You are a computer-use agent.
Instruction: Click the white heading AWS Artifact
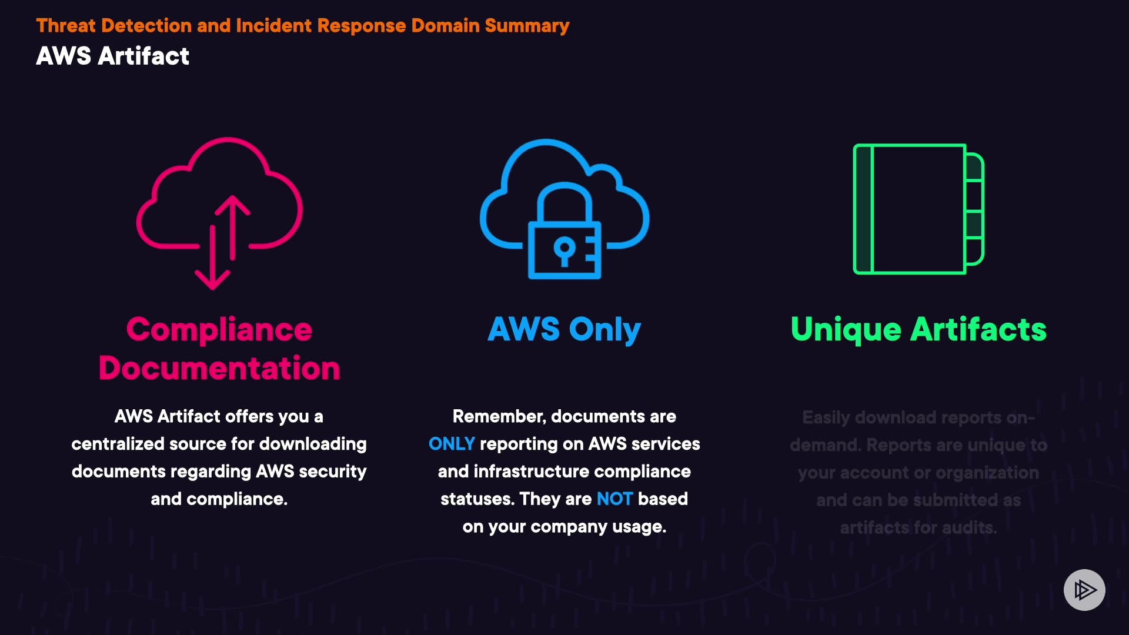click(112, 56)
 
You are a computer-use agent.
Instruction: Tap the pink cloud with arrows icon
click(219, 212)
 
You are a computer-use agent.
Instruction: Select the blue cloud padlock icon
click(564, 209)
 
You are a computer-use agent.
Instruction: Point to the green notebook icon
click(918, 209)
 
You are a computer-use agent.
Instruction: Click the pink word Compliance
click(219, 329)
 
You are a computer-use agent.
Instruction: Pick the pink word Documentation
click(219, 369)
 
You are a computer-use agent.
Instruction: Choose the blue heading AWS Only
click(564, 329)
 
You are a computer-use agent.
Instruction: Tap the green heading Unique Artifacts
click(918, 329)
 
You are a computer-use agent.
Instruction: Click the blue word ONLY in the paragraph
click(451, 444)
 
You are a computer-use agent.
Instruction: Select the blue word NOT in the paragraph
click(614, 499)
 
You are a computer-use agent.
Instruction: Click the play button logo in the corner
click(1084, 590)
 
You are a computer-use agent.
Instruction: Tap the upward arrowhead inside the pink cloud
click(232, 203)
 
